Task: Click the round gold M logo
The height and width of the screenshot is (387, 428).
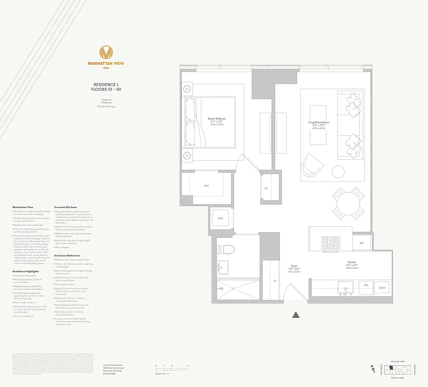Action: [106, 52]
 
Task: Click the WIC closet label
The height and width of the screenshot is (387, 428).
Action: [206, 186]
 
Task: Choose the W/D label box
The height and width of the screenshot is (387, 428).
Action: [221, 219]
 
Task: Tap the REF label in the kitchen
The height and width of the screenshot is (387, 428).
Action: [361, 243]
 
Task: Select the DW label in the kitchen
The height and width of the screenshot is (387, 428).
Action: [366, 285]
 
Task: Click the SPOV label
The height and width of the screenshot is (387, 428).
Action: [382, 288]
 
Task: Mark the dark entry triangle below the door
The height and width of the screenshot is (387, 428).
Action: [296, 315]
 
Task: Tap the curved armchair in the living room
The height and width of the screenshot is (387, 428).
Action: [312, 166]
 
